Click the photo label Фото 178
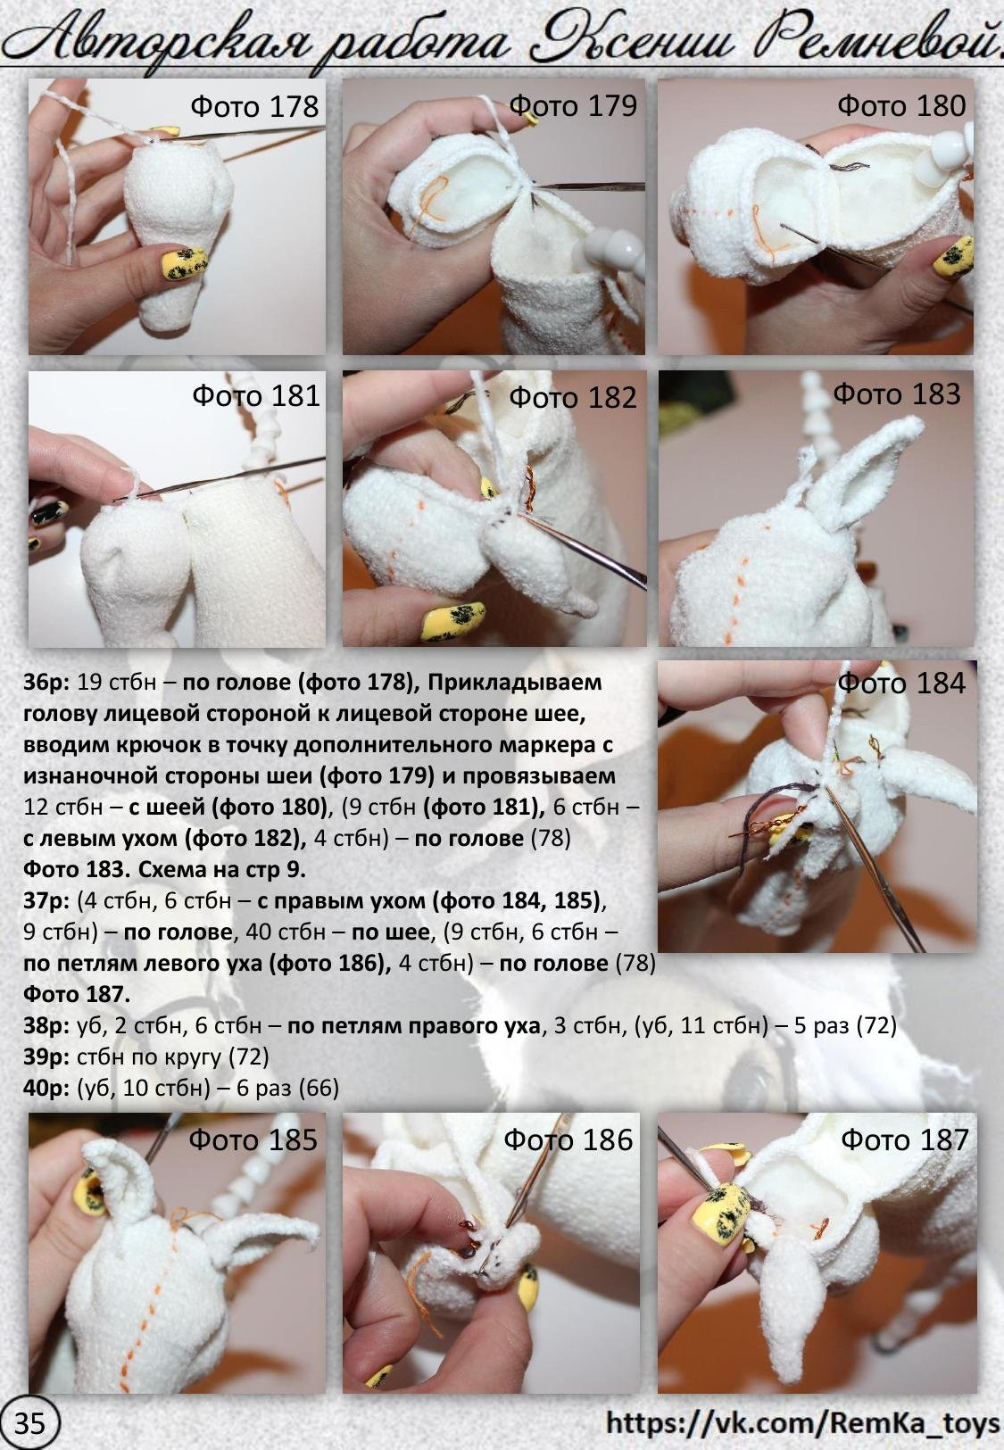tap(253, 107)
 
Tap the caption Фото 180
tap(901, 105)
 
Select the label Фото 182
tap(572, 397)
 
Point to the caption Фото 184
tap(901, 684)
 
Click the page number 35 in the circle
tap(30, 1423)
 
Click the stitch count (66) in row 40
tap(319, 1089)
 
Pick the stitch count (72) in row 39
tap(249, 1057)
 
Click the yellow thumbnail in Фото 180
tap(953, 255)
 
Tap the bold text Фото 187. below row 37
tap(77, 994)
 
